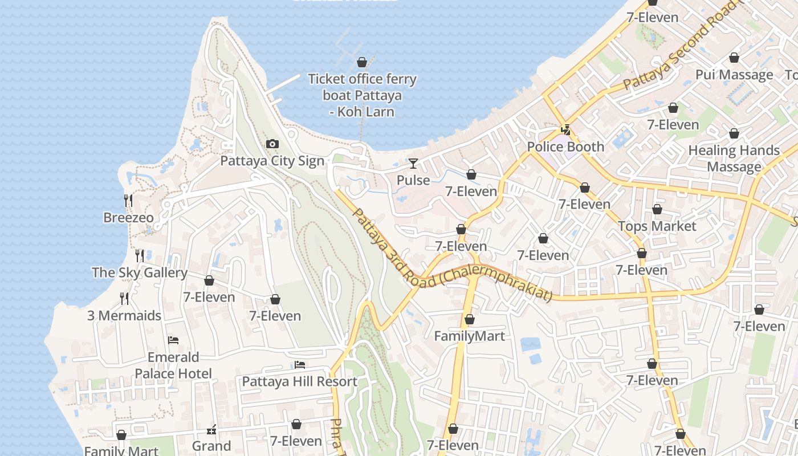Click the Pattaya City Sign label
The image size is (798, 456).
[x=272, y=161]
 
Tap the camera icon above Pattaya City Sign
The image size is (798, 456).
[x=272, y=144]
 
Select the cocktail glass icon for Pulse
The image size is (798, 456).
[x=413, y=164]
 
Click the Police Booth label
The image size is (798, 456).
[x=565, y=146]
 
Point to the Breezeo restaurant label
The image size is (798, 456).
[x=128, y=217]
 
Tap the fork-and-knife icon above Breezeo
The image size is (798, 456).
[x=128, y=200]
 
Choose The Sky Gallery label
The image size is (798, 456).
[x=140, y=272]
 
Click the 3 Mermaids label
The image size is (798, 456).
[x=124, y=315]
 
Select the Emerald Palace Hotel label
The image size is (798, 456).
[x=173, y=365]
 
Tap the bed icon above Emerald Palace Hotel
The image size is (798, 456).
[x=173, y=340]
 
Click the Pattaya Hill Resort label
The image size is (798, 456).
[x=300, y=381]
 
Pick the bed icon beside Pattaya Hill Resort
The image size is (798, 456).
[x=300, y=365]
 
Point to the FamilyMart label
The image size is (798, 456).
[x=470, y=336]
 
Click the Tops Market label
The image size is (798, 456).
[x=657, y=226]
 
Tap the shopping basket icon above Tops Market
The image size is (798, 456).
[x=657, y=210]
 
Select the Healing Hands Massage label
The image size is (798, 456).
[x=734, y=158]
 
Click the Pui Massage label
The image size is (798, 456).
[x=734, y=75]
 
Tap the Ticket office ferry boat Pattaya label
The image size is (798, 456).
[x=362, y=95]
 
